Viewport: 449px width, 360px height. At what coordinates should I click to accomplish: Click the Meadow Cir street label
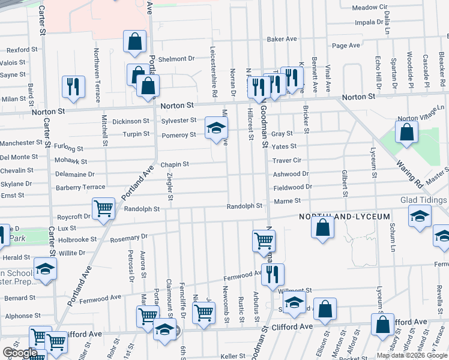pos(370,7)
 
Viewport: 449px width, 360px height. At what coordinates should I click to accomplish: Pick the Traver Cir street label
pos(286,161)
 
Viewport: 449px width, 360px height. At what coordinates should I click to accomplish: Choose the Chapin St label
pos(175,164)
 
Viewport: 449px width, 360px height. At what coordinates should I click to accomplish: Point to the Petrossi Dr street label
pos(130,269)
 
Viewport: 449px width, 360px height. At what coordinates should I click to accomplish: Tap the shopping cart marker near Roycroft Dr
pos(104,209)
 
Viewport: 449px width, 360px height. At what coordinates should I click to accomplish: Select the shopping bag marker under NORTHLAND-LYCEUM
pos(323,228)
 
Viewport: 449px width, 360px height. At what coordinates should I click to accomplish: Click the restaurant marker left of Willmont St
pos(273,275)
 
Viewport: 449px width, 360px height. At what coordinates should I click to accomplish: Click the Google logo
pos(20,353)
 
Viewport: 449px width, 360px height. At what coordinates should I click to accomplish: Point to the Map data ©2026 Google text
pos(412,355)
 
